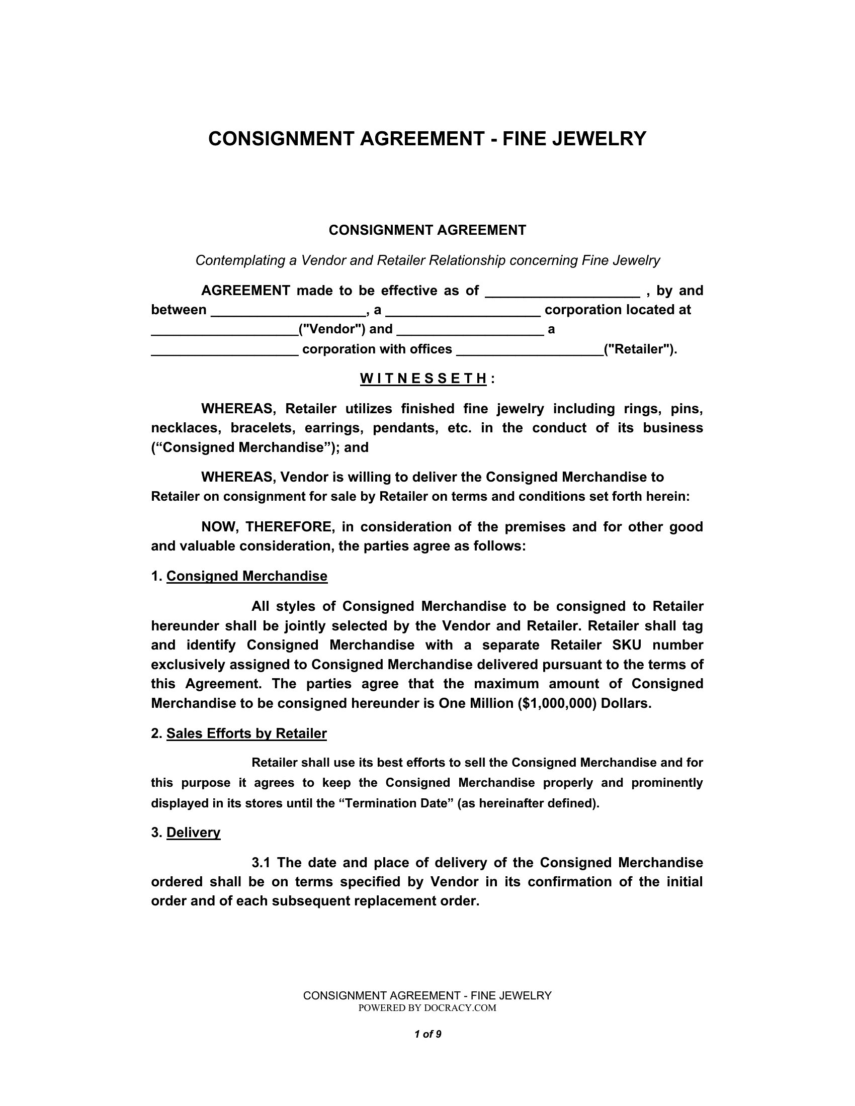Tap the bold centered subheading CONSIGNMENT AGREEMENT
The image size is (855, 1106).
coord(427,230)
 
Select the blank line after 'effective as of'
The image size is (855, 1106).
coord(562,292)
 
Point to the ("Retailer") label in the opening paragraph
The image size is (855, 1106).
coord(640,349)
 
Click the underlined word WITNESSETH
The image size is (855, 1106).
coord(423,379)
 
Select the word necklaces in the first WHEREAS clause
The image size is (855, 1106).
coord(186,428)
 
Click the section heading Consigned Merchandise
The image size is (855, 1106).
coord(246,576)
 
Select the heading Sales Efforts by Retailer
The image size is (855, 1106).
coord(246,734)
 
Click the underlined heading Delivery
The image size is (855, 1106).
coord(193,833)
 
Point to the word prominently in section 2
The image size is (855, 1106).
coord(667,783)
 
